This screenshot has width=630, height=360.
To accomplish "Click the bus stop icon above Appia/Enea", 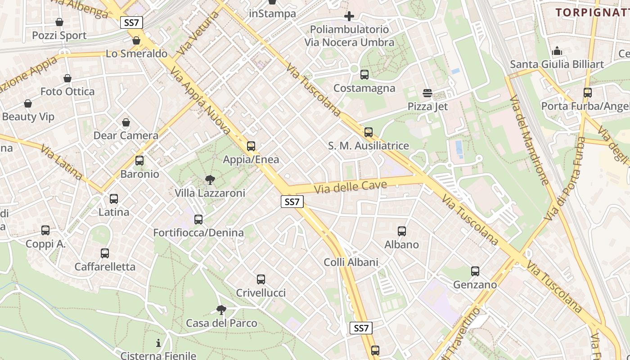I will tap(251, 146).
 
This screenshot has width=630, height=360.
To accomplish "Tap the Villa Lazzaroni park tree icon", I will tap(210, 180).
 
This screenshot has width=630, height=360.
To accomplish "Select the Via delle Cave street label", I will tap(351, 186).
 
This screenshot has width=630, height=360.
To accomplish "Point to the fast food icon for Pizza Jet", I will tap(427, 93).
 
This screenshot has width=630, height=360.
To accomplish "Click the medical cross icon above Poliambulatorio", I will tap(349, 17).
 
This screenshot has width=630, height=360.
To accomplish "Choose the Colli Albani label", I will tap(351, 262).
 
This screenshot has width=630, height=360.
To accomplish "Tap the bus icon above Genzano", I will tap(475, 271).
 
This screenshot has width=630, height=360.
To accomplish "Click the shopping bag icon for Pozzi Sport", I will tap(59, 22).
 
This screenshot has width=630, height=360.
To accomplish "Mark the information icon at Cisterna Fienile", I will tap(158, 343).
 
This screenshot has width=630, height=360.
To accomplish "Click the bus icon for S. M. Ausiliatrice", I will tap(369, 132).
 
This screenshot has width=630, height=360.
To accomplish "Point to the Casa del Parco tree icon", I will tap(221, 310).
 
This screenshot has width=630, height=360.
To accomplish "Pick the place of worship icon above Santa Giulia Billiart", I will tap(557, 51).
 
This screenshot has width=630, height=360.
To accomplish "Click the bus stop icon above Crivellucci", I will tap(261, 279).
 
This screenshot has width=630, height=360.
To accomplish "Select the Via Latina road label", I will tap(62, 162).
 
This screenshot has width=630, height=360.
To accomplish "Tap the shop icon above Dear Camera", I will tap(126, 122).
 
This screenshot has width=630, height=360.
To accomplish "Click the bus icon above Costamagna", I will tap(364, 75).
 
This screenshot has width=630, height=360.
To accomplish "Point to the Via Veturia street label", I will tap(198, 33).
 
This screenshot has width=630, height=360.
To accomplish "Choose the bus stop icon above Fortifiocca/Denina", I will tap(198, 220).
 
